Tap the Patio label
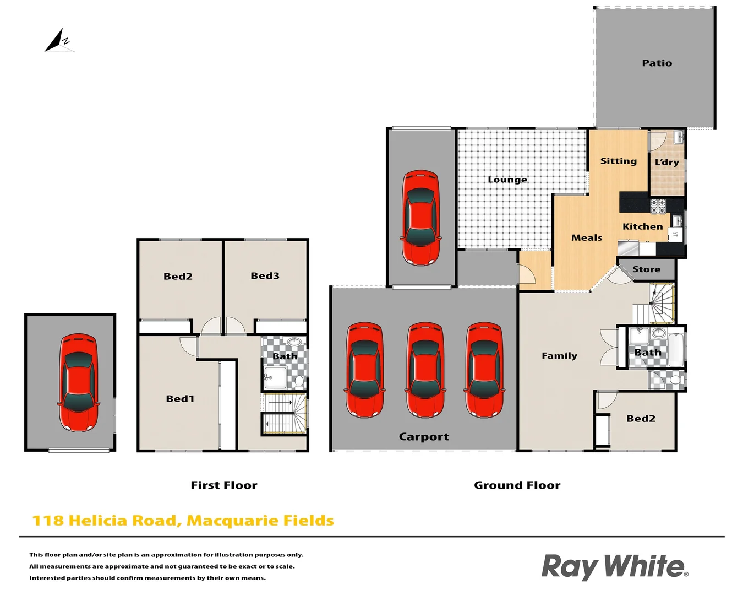(657, 63)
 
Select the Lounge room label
(507, 180)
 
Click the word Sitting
(618, 161)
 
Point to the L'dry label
(666, 162)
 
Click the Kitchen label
(642, 226)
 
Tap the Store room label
(646, 269)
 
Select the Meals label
(587, 238)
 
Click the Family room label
(559, 356)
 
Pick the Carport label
(424, 437)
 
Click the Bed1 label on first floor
(180, 399)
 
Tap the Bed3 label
(265, 276)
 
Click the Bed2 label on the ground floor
(641, 419)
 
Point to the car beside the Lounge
(421, 218)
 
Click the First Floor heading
(223, 485)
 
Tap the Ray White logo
(614, 567)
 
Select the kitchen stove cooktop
(658, 206)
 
